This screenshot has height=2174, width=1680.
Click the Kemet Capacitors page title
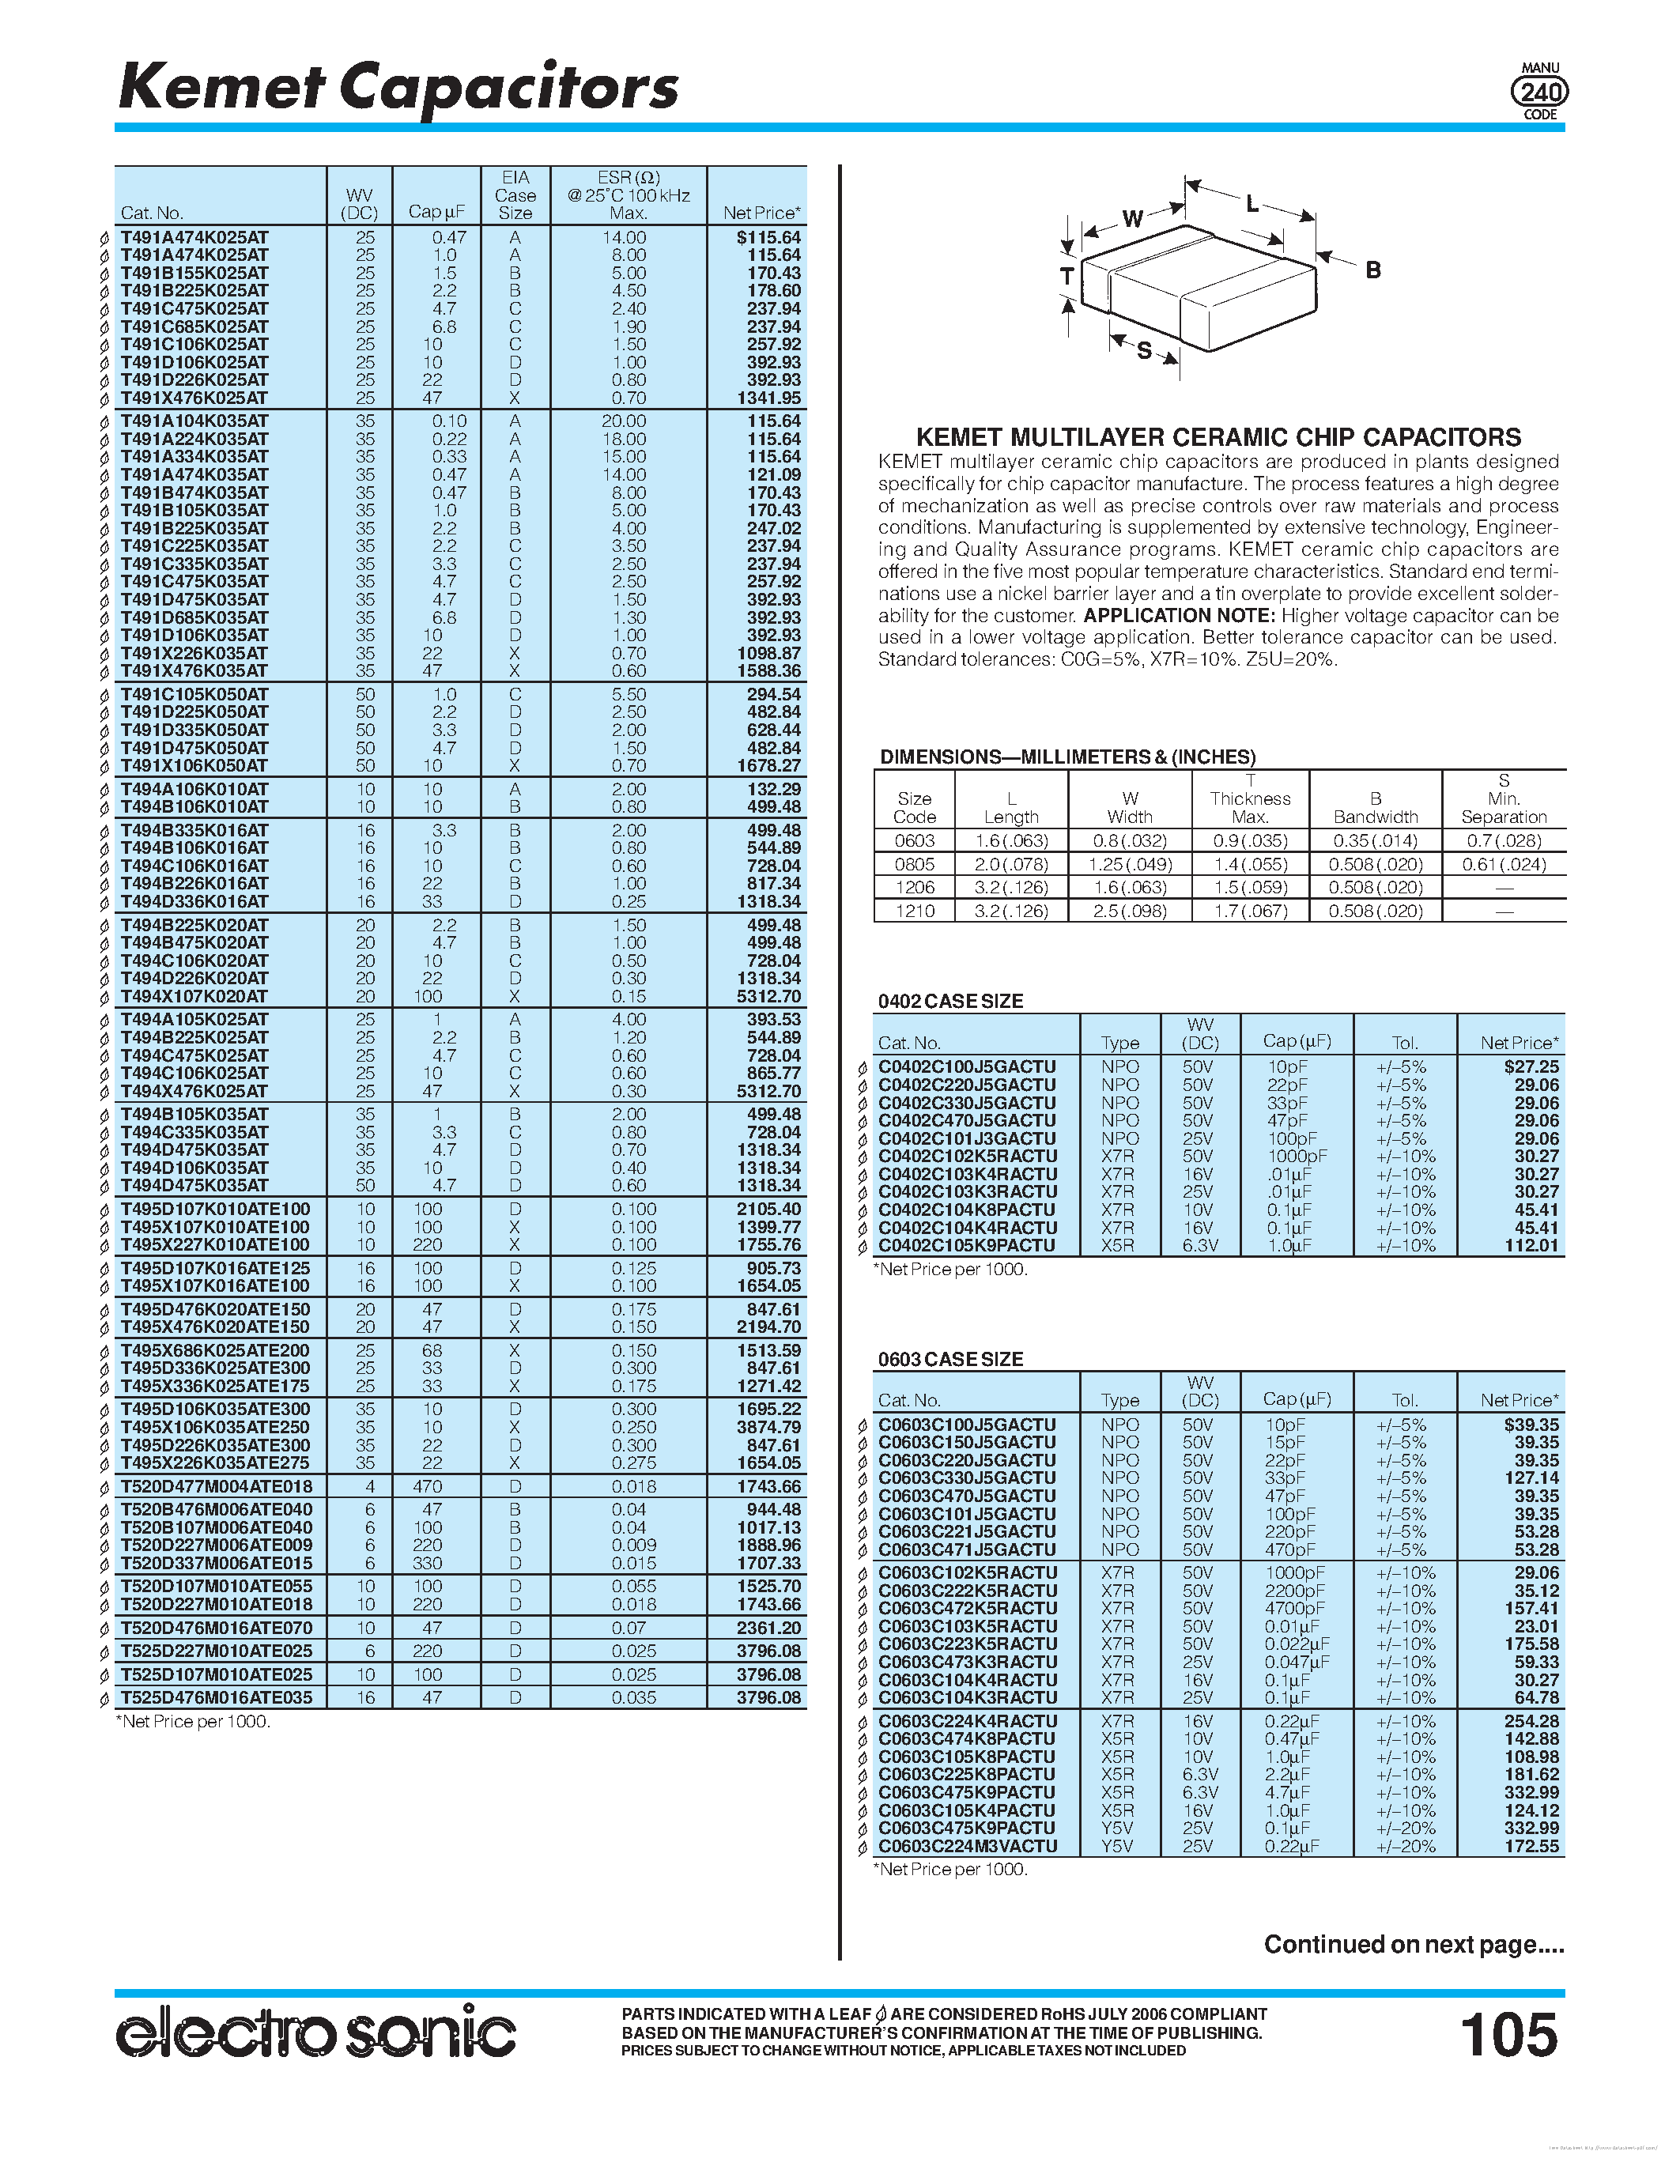(x=398, y=88)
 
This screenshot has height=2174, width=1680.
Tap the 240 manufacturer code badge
(x=1538, y=92)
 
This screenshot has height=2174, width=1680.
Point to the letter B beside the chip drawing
(x=1372, y=270)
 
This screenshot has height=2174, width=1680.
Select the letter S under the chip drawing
(x=1145, y=350)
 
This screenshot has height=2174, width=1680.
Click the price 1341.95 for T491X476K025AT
(x=768, y=398)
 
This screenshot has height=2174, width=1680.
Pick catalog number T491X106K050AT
(x=194, y=765)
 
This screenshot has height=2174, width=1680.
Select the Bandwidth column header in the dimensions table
(x=1375, y=807)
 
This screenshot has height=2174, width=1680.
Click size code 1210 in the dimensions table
(x=914, y=911)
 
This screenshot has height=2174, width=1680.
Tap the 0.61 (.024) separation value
(x=1503, y=864)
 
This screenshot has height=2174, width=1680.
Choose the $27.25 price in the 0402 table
(x=1531, y=1066)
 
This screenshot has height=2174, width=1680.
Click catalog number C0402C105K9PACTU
(x=966, y=1245)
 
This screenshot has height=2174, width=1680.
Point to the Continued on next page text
(x=1414, y=1944)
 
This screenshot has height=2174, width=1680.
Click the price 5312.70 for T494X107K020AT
(x=768, y=996)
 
